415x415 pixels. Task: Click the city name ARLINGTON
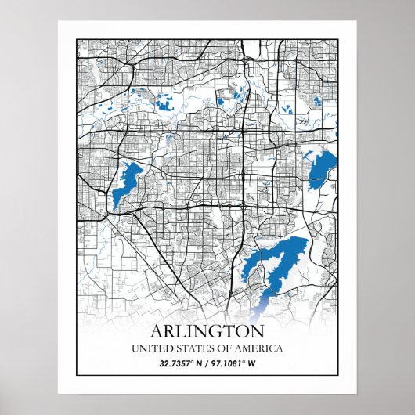point(207,330)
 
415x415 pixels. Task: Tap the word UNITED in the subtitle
point(150,348)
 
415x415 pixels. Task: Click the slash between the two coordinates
point(207,364)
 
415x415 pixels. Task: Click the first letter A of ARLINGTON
point(157,330)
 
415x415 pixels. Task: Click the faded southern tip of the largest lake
point(262,302)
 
